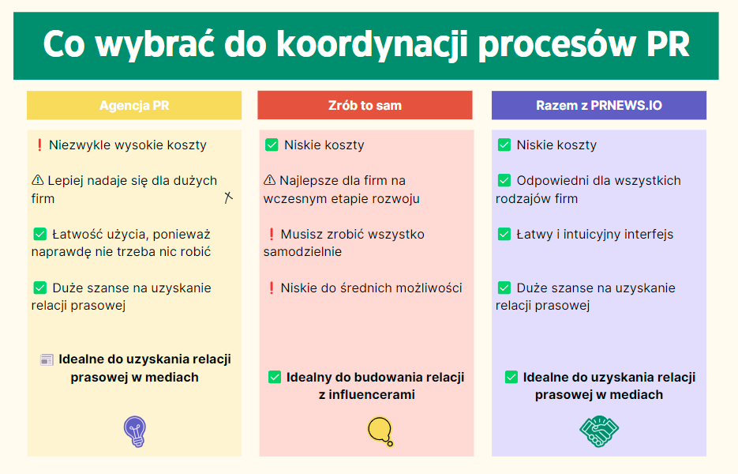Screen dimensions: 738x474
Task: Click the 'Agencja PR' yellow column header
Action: [x=134, y=105]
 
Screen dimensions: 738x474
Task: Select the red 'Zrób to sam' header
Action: [x=365, y=105]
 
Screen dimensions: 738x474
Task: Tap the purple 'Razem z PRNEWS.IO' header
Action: [x=598, y=105]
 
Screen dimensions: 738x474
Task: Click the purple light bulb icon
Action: [x=135, y=431]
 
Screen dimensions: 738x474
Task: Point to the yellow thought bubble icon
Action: [x=380, y=431]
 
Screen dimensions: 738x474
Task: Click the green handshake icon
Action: [x=598, y=431]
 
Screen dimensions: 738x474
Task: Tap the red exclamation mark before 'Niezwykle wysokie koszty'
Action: [x=39, y=145]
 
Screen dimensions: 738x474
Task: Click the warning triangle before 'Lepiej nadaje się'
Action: [x=38, y=180]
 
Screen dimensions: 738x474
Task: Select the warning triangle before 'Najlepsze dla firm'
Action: [x=270, y=180]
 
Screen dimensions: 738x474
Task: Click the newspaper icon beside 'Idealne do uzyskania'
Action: [x=47, y=360]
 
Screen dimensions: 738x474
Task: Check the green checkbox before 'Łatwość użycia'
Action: [x=40, y=234]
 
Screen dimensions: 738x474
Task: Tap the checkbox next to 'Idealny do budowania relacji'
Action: [x=275, y=377]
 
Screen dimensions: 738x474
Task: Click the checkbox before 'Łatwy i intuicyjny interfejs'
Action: [x=504, y=234]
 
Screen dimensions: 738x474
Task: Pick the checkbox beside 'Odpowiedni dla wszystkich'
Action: [x=504, y=180]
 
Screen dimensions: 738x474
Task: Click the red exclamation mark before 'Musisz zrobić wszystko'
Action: [x=271, y=234]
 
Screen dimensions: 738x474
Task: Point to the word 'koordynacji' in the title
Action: [x=372, y=44]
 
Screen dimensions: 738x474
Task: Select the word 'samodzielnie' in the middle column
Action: [x=302, y=252]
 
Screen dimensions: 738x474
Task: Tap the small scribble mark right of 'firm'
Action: [x=228, y=197]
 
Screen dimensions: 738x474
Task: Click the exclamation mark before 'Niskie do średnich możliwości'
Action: [x=271, y=288]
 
